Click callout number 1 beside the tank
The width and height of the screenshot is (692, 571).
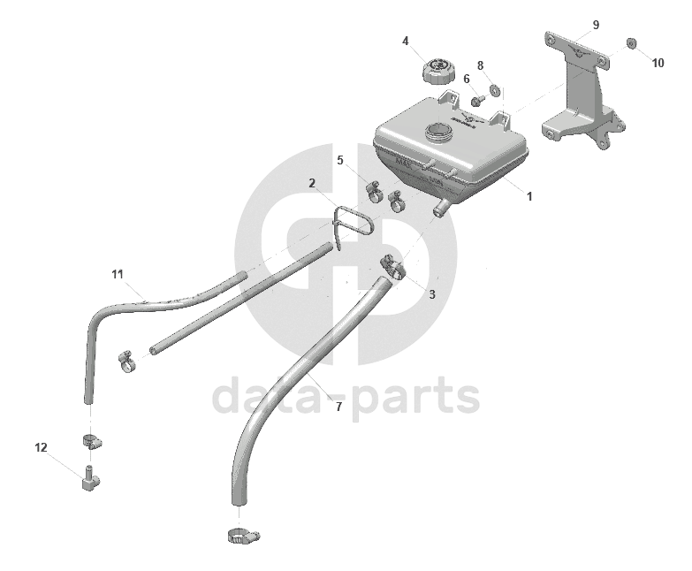point(529,196)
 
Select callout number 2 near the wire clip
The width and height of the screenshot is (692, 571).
point(312,183)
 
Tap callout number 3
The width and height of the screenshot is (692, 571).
point(432,293)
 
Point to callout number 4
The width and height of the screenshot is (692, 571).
point(406,41)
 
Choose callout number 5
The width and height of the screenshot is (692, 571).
point(339,160)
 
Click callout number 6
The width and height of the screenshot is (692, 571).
point(467,79)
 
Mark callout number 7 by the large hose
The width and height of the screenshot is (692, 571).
point(338,407)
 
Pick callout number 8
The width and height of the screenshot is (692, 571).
point(481,65)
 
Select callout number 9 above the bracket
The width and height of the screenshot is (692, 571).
point(596,24)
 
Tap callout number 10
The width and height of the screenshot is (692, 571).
point(658,63)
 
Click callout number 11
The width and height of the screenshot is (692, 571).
point(118,273)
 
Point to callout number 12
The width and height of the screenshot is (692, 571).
point(42,447)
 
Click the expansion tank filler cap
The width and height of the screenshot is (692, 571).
point(437,70)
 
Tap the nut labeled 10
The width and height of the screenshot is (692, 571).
point(632,42)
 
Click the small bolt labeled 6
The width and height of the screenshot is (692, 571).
point(477,100)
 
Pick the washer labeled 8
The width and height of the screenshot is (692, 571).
point(496,89)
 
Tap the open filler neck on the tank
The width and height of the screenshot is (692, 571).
point(439,133)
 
